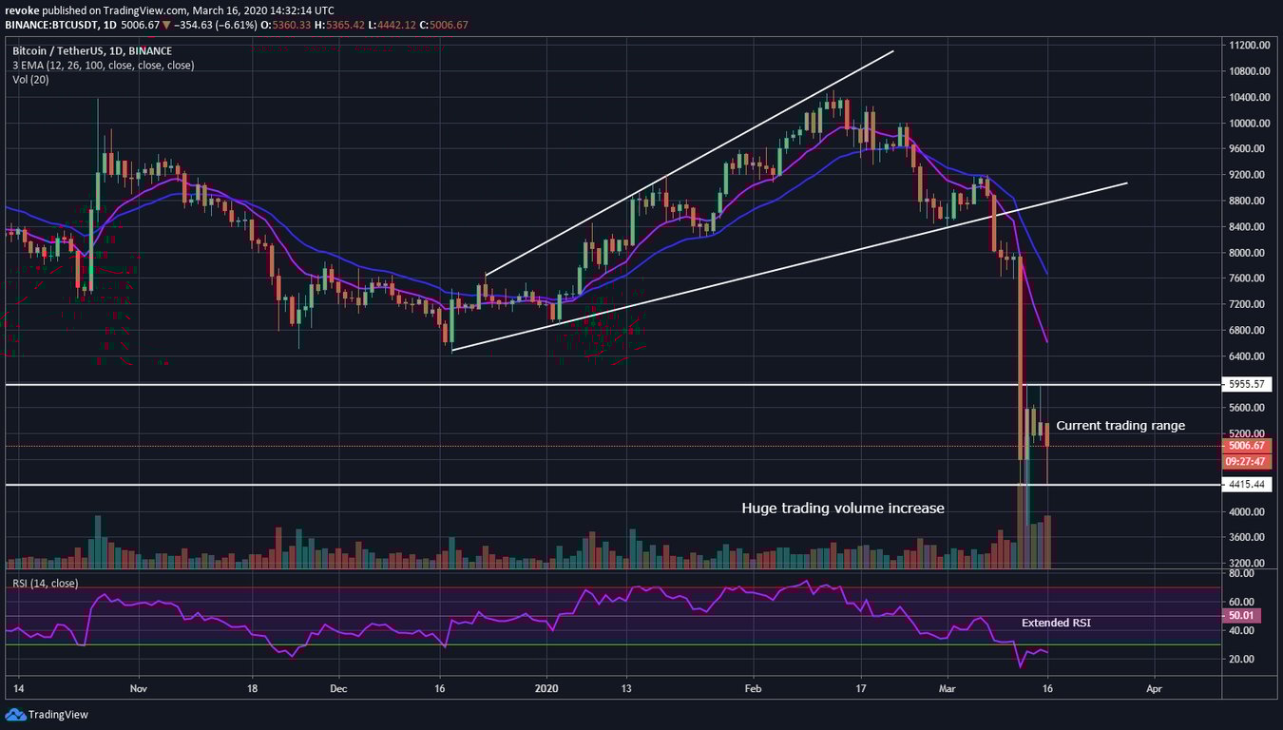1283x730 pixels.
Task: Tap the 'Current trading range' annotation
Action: pyautogui.click(x=1120, y=425)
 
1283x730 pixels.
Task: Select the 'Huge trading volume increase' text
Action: pyautogui.click(x=843, y=509)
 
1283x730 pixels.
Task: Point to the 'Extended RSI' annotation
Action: pyautogui.click(x=1056, y=623)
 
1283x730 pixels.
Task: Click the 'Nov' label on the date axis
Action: pyautogui.click(x=139, y=686)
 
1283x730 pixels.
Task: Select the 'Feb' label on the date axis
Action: pyautogui.click(x=754, y=686)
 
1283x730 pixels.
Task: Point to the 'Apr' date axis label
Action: pyautogui.click(x=1154, y=686)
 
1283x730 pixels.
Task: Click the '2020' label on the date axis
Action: pyautogui.click(x=547, y=686)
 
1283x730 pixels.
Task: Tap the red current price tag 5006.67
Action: pyautogui.click(x=1247, y=446)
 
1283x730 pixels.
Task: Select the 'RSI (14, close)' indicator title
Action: pyautogui.click(x=46, y=583)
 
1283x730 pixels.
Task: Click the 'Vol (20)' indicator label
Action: pyautogui.click(x=30, y=80)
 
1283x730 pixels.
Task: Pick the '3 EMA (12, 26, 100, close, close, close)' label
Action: pyautogui.click(x=104, y=66)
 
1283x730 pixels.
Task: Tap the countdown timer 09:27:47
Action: pyautogui.click(x=1247, y=461)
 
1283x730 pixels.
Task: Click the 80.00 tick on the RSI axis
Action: pyautogui.click(x=1241, y=573)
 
